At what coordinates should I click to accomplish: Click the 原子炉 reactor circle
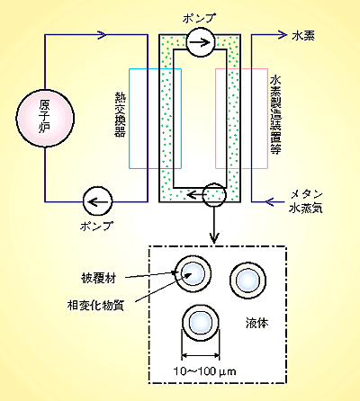click(45, 118)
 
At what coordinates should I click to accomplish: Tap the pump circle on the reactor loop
click(97, 201)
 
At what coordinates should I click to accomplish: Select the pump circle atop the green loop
click(201, 42)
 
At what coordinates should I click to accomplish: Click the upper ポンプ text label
click(199, 18)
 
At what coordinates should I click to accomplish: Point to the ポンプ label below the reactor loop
click(96, 226)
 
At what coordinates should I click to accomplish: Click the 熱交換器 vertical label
click(121, 114)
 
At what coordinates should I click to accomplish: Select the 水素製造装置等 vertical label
click(275, 115)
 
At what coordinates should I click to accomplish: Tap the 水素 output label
click(303, 36)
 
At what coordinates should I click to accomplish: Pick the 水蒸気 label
click(306, 209)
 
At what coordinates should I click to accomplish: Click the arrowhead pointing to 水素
click(283, 35)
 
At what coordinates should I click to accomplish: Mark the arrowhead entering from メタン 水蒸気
click(270, 201)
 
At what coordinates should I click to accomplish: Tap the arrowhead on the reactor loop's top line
click(102, 35)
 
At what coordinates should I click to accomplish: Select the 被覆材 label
click(98, 279)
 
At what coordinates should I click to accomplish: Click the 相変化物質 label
click(95, 306)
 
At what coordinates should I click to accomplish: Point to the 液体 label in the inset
click(257, 323)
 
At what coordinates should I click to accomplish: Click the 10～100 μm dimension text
click(205, 371)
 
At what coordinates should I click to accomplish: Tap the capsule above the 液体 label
click(248, 281)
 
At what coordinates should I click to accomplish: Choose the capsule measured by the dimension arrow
click(201, 323)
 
